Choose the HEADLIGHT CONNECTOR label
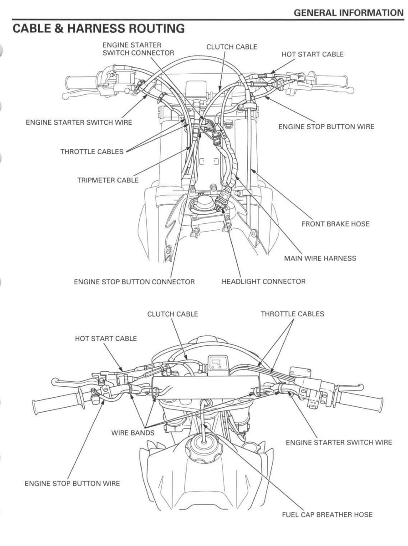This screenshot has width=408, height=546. tap(264, 282)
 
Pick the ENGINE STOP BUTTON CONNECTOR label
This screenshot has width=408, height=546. tap(134, 282)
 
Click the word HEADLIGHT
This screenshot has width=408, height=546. tap(241, 282)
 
